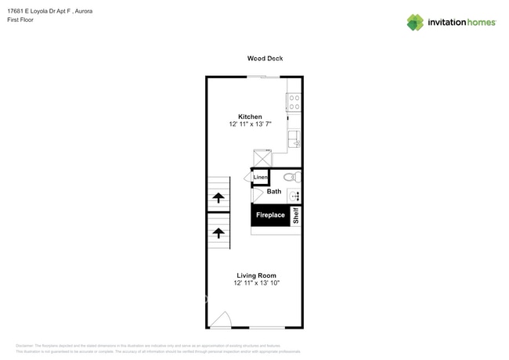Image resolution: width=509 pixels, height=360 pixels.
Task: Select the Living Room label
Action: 256,275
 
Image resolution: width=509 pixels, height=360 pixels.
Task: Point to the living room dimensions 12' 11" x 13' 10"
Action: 256,283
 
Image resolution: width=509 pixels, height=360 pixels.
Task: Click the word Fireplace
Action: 272,215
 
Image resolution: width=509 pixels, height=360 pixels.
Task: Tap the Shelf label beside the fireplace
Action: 296,215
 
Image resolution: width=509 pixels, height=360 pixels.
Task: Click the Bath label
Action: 274,192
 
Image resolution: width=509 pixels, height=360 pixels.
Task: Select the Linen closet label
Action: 260,178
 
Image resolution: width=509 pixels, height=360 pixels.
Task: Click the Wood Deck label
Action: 265,59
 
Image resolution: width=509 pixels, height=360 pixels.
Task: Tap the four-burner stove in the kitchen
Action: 294,102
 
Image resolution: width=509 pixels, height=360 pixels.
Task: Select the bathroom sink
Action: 294,196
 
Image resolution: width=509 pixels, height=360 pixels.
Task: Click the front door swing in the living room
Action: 221,319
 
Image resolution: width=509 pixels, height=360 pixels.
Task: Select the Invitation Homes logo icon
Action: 415,22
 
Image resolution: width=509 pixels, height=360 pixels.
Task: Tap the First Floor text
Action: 31,21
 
